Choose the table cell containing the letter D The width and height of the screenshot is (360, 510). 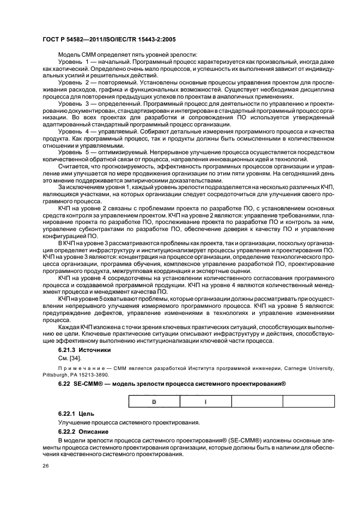click(x=154, y=402)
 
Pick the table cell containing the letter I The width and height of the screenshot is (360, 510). click(x=205, y=402)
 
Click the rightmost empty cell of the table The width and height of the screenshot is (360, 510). click(x=308, y=402)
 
